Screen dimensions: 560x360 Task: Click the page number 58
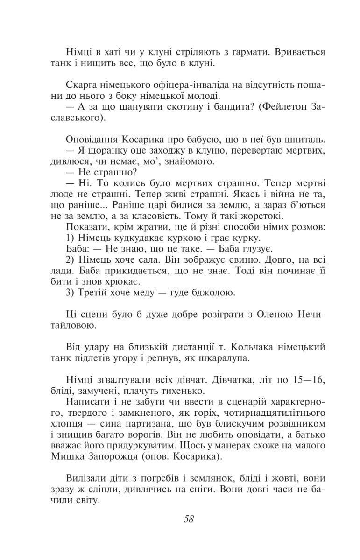[x=189, y=519]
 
